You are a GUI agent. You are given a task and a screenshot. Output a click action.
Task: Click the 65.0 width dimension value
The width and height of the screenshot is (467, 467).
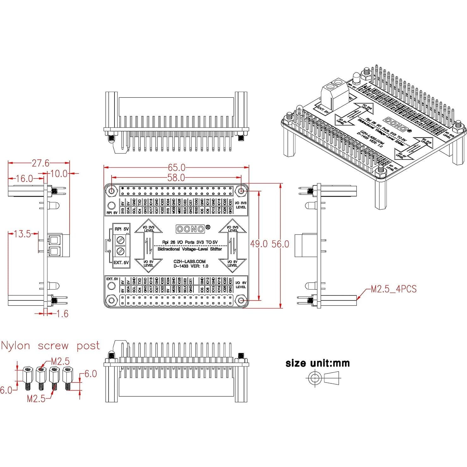tap(176, 168)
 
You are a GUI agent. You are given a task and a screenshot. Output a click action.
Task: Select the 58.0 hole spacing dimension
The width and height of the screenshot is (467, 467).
tap(176, 178)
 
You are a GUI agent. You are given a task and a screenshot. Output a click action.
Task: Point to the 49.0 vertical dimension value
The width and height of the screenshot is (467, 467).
tap(259, 244)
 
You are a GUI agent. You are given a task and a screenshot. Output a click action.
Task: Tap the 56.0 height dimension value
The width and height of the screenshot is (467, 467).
tap(280, 244)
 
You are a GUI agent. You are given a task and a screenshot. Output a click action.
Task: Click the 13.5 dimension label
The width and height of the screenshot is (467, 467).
tap(22, 234)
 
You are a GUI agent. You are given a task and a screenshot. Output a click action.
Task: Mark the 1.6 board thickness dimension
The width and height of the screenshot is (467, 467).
tap(62, 314)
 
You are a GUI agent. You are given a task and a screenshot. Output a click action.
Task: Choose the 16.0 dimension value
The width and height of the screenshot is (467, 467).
tap(24, 179)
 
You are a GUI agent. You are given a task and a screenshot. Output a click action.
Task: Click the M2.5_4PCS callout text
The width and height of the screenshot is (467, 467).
tap(393, 289)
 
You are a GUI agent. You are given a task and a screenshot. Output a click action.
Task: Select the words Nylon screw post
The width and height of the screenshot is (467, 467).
tap(50, 346)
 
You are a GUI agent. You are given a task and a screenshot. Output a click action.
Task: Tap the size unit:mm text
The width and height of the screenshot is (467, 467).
tap(317, 363)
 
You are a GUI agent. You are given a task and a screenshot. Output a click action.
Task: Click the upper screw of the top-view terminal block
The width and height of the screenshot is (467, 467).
tap(120, 240)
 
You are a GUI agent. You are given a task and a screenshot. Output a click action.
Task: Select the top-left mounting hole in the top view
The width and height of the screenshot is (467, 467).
tap(111, 191)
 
